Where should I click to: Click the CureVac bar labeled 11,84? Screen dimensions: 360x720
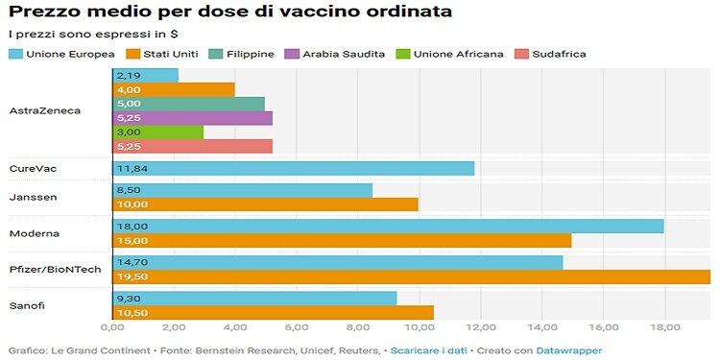point(293,169)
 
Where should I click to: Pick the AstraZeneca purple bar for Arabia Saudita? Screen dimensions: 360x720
point(192,118)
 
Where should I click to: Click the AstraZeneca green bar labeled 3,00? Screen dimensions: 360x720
point(157,132)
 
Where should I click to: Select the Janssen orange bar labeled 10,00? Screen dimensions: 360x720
point(265,204)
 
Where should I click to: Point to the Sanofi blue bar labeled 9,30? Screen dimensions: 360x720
point(254,298)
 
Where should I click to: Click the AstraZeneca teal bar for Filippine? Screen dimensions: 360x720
point(188,104)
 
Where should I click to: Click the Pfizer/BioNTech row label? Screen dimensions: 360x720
point(55,270)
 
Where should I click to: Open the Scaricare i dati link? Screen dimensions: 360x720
point(422,349)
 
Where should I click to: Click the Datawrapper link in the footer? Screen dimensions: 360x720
point(570,349)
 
